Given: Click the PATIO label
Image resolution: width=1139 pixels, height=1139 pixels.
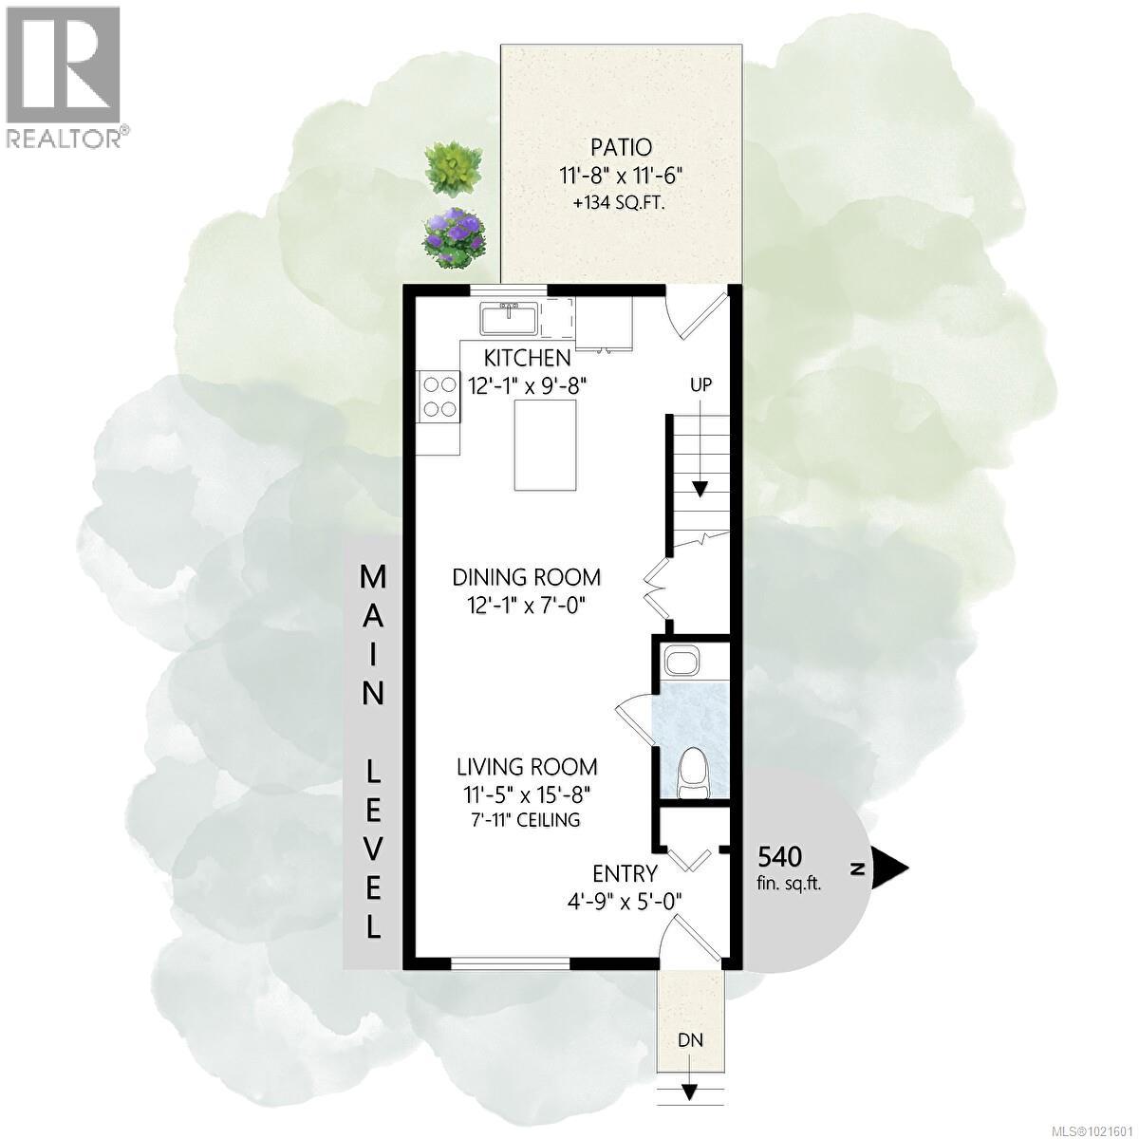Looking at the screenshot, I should coord(622,147).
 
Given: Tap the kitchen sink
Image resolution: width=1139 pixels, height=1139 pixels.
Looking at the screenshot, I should coord(510,317).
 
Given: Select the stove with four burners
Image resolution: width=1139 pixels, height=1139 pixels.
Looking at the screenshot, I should coord(439,397).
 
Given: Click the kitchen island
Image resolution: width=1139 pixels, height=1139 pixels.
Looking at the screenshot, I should coord(545,445).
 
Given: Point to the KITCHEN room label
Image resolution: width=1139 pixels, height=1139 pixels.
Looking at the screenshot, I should coord(528,358).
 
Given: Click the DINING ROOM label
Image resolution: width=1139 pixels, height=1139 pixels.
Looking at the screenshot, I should coord(527,577).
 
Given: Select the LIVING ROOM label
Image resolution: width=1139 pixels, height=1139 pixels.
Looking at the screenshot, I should coord(527,767).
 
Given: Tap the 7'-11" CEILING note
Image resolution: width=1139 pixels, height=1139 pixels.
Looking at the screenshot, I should coord(528,819).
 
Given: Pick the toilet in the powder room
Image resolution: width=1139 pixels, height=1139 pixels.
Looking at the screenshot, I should coord(696,769).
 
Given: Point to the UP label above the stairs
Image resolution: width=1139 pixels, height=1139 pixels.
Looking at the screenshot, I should coord(700,385).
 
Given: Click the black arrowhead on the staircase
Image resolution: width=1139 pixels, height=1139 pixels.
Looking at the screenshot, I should coord(700,489).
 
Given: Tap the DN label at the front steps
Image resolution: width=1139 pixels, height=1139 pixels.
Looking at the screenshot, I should coord(690,1039).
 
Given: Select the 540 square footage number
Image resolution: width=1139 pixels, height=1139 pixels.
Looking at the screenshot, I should coord(779,857).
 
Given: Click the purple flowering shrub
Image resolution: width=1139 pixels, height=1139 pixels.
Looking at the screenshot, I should coord(455,237).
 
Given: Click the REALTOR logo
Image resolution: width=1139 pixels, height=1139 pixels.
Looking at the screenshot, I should coord(65,76).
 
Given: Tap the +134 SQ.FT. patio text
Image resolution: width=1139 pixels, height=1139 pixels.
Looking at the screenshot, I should coord(622,203).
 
